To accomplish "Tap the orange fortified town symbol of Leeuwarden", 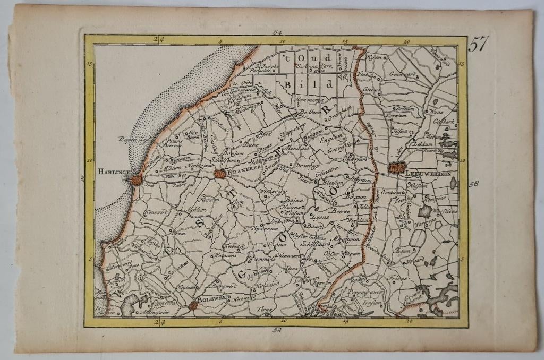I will pos(396,168).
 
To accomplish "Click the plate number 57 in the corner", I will pos(478,45).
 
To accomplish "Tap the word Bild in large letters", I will pos(308,84).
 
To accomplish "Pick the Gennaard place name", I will pos(401,75).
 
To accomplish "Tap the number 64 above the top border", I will pos(277,32).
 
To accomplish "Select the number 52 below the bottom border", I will pos(277,330).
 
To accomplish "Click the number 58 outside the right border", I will pos(474,184).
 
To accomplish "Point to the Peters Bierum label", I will pos(173,143).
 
